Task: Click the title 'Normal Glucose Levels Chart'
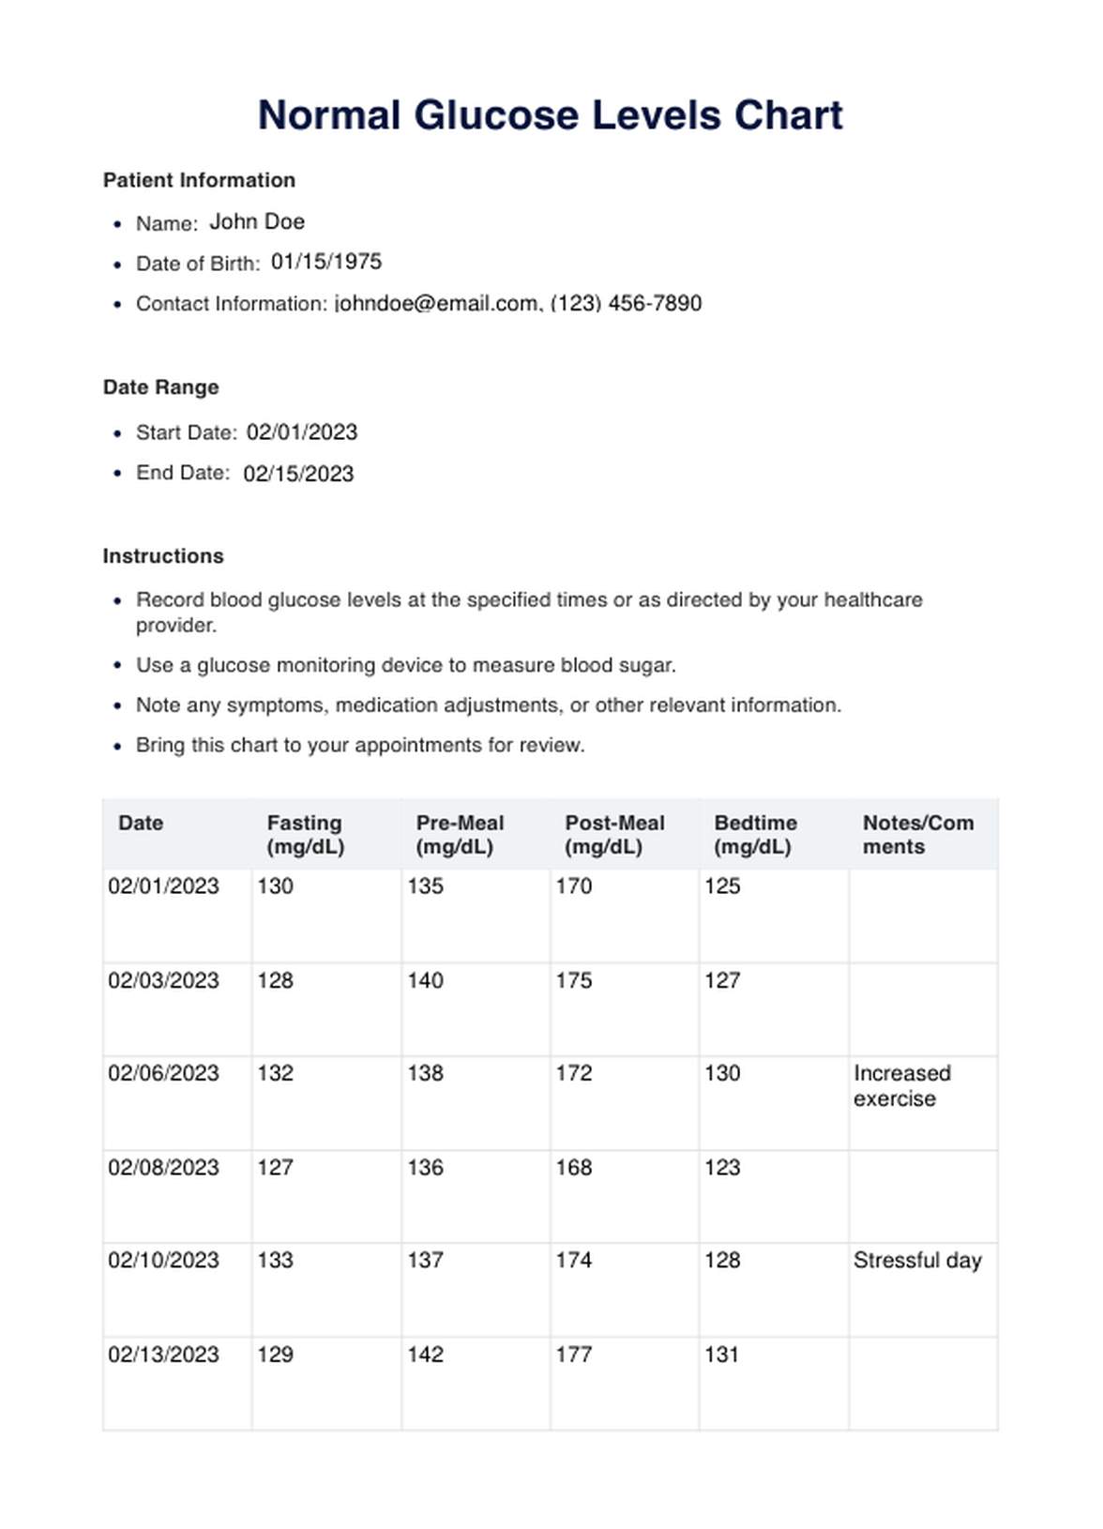click(551, 115)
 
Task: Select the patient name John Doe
click(257, 222)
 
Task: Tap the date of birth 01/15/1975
click(326, 262)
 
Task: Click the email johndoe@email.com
click(436, 304)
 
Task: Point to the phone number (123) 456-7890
click(626, 304)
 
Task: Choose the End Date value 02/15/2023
click(298, 474)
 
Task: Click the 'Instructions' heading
click(163, 556)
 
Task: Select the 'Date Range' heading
click(160, 387)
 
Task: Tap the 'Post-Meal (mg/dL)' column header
click(614, 835)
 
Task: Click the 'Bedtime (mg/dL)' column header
click(755, 835)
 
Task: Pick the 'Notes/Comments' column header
click(917, 835)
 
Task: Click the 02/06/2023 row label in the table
click(163, 1073)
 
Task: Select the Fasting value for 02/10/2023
click(275, 1261)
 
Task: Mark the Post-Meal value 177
click(573, 1355)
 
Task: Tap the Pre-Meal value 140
click(425, 980)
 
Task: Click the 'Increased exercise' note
click(901, 1086)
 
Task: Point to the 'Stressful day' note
click(917, 1261)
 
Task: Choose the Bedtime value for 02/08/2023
click(722, 1168)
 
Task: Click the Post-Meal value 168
click(573, 1168)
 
